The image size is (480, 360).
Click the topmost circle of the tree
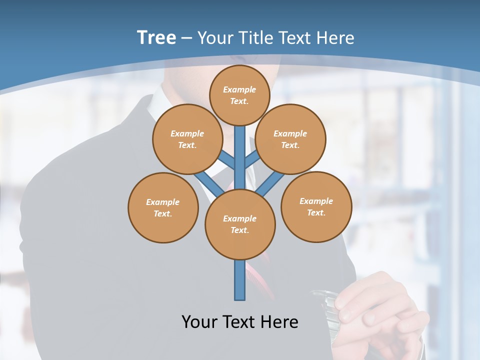pyautogui.click(x=239, y=95)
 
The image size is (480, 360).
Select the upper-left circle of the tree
pyautogui.click(x=187, y=139)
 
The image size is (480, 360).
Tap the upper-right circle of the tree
pyautogui.click(x=290, y=139)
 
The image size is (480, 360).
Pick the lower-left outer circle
pyautogui.click(x=163, y=207)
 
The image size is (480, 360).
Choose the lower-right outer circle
pyautogui.click(x=316, y=206)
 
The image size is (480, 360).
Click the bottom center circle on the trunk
pyautogui.click(x=240, y=224)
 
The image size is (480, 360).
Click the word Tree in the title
pyautogui.click(x=156, y=37)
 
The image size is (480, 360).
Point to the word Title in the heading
pyautogui.click(x=254, y=38)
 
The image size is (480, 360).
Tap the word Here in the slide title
pyautogui.click(x=335, y=38)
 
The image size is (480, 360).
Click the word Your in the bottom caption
pyautogui.click(x=198, y=322)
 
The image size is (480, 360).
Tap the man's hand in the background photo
pyautogui.click(x=380, y=305)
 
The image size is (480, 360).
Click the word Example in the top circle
pyautogui.click(x=239, y=89)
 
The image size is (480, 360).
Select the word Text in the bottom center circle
pyautogui.click(x=239, y=230)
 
